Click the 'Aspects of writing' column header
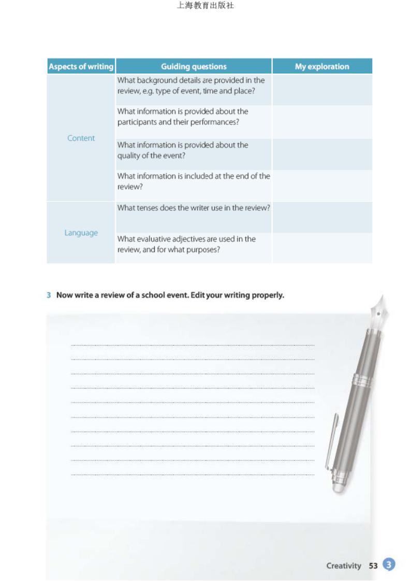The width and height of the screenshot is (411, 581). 81,66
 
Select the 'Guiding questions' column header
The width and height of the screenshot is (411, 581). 194,66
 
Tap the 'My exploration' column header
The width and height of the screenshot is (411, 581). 322,66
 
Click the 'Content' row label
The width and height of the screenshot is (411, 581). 81,138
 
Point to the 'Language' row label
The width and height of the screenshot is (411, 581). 81,233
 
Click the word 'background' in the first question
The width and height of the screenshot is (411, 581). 154,80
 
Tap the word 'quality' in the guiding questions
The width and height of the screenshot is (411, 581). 128,156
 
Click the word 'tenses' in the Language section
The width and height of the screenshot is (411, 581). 148,207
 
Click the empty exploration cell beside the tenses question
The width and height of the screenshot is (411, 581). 322,217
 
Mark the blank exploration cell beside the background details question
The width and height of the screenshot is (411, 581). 322,90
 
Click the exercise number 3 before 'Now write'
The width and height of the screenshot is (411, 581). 49,295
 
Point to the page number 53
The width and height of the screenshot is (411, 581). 373,565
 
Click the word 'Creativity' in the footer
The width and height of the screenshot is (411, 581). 344,565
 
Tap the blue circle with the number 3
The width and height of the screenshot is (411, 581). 389,564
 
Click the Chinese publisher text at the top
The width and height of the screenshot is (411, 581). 205,6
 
